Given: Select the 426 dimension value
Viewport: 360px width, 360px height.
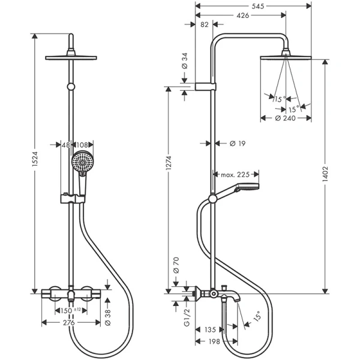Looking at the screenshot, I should [243, 16].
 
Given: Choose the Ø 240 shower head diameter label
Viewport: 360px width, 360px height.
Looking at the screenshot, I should [286, 119].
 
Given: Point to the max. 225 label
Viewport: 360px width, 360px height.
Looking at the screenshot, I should [235, 175].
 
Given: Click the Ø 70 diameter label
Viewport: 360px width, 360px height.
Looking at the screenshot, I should [176, 264].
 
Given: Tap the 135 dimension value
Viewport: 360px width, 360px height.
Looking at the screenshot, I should [210, 330].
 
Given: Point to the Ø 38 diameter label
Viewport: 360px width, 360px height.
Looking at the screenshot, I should [108, 315].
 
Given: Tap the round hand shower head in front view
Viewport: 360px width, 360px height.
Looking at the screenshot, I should [81, 162].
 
